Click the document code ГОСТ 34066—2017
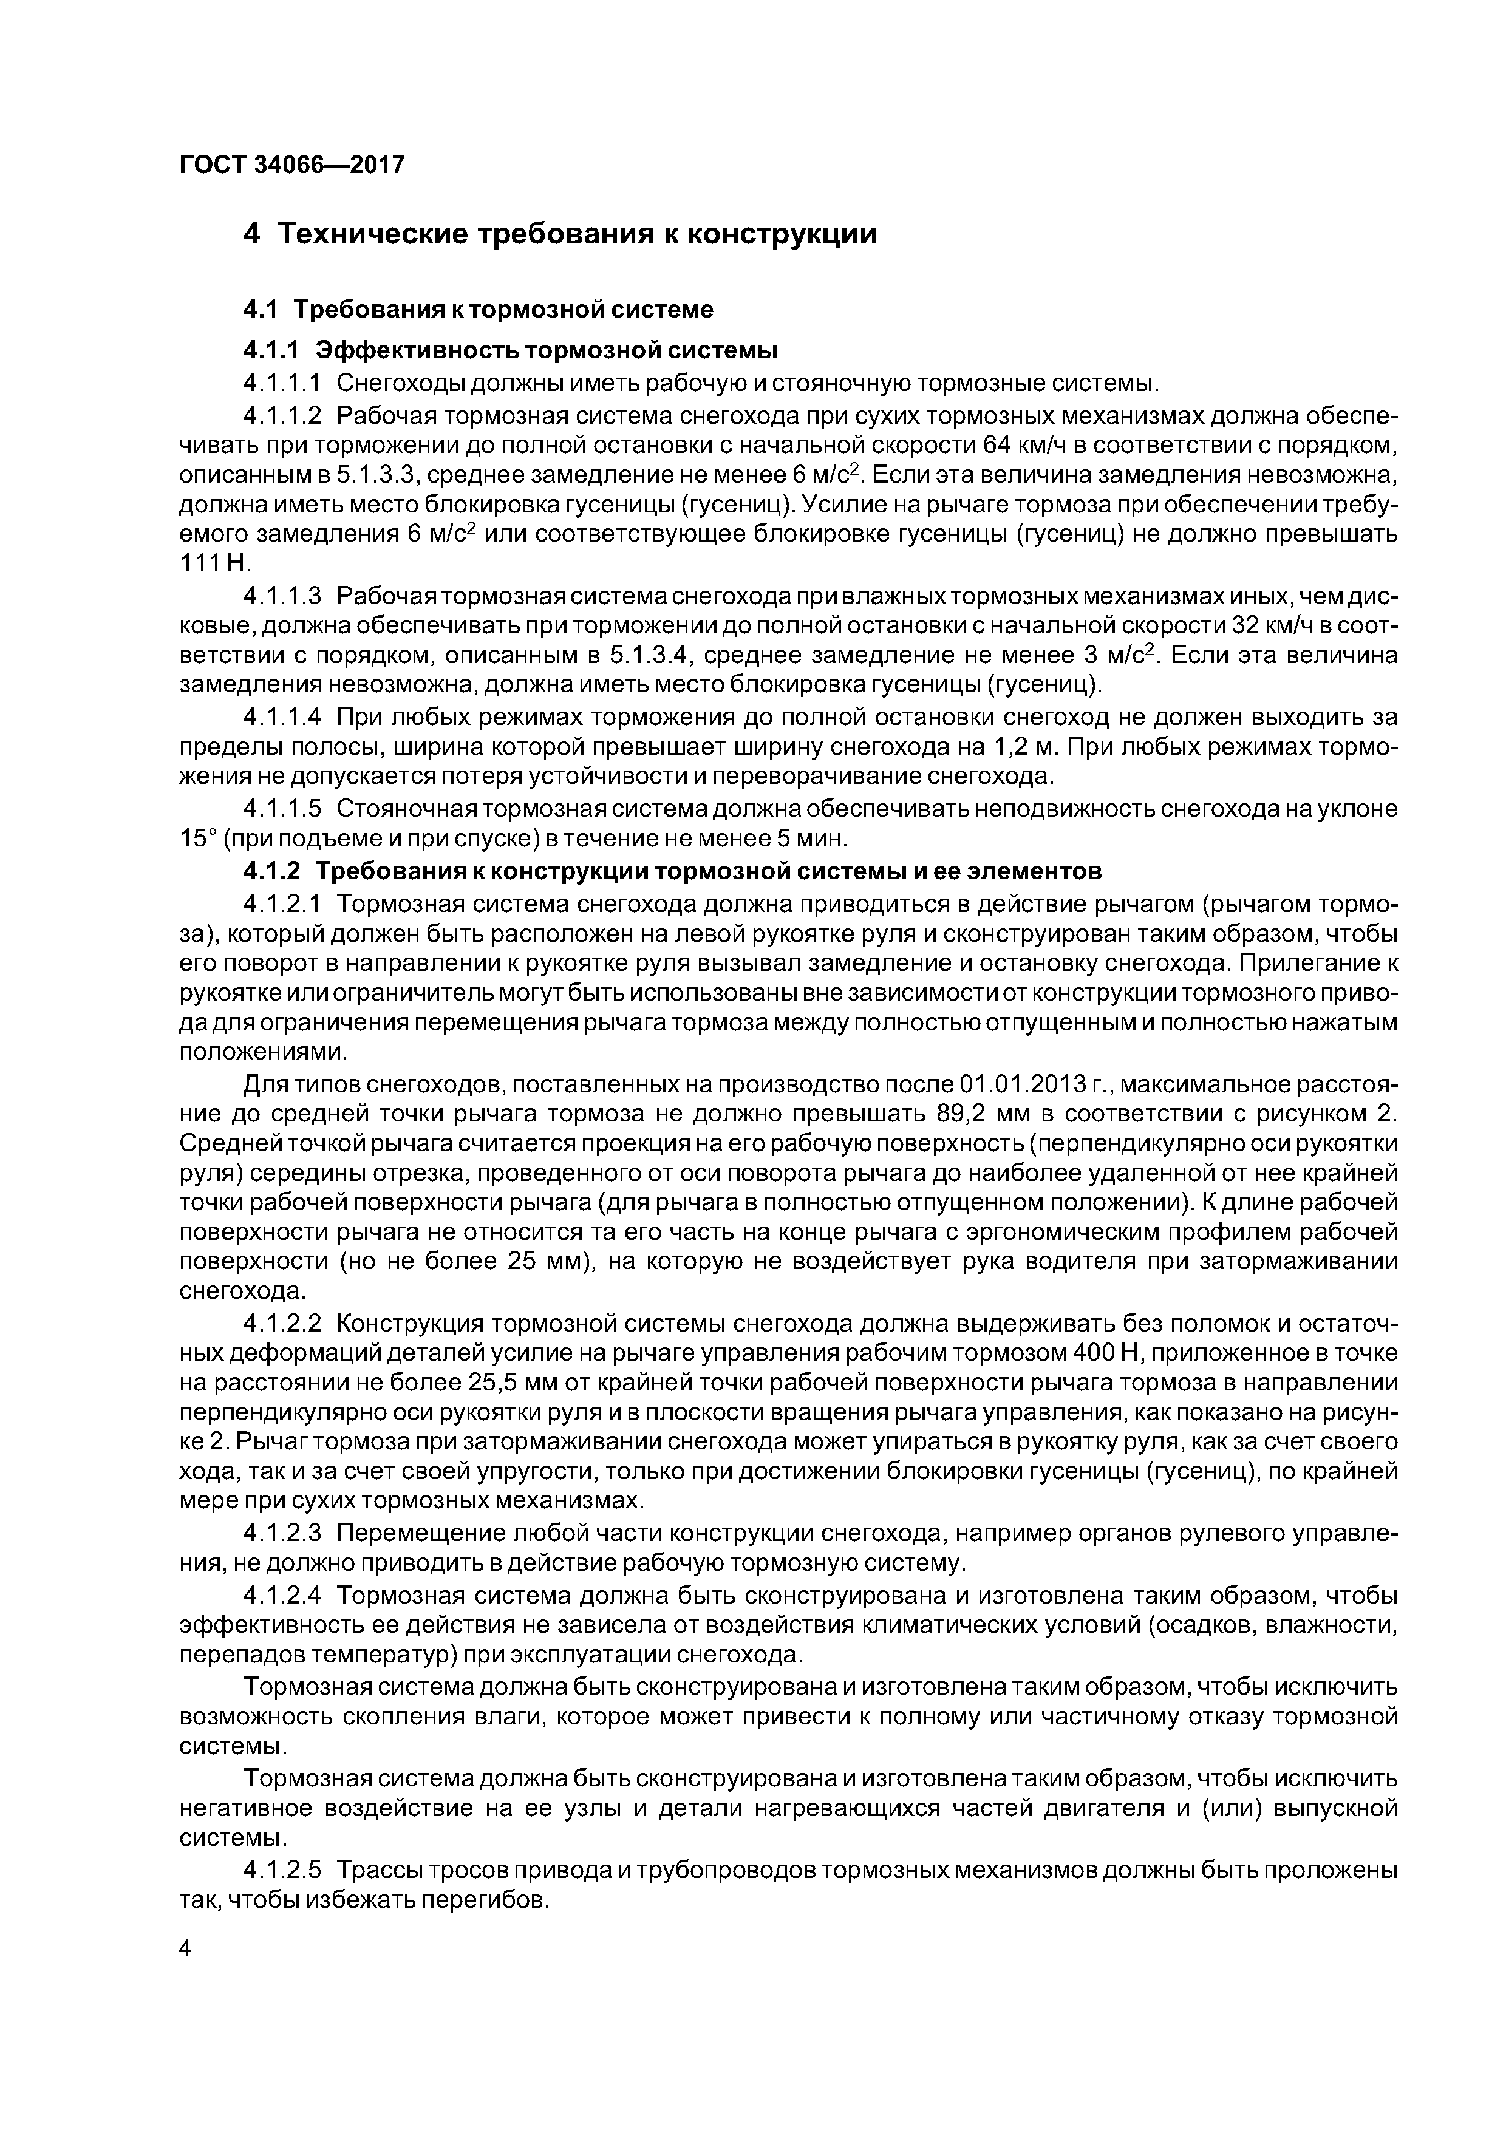pyautogui.click(x=291, y=165)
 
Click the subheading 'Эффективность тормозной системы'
pyautogui.click(x=545, y=350)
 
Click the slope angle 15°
pyautogui.click(x=197, y=839)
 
